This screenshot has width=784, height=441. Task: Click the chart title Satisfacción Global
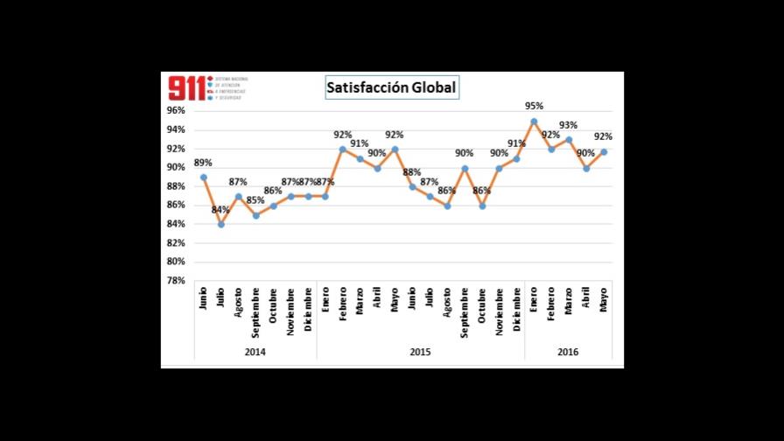pyautogui.click(x=391, y=87)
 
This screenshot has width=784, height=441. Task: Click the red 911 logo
pyautogui.click(x=187, y=87)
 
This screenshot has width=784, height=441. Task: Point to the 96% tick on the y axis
pyautogui.click(x=176, y=111)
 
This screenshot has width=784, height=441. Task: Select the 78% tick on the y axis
pyautogui.click(x=176, y=281)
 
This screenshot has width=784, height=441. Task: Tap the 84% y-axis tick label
pyautogui.click(x=176, y=224)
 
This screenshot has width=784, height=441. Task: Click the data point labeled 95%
pyautogui.click(x=534, y=121)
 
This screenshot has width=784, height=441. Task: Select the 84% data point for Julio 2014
pyautogui.click(x=220, y=224)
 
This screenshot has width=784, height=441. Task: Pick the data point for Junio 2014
pyautogui.click(x=203, y=177)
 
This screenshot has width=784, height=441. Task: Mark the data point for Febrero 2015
pyautogui.click(x=342, y=149)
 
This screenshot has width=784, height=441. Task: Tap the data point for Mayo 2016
pyautogui.click(x=604, y=152)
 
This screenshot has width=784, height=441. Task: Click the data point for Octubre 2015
pyautogui.click(x=481, y=206)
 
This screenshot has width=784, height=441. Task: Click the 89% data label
pyautogui.click(x=203, y=163)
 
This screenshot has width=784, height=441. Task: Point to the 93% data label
pyautogui.click(x=569, y=125)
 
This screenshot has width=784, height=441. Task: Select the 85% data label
pyautogui.click(x=255, y=200)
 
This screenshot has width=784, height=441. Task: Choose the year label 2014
pyautogui.click(x=255, y=352)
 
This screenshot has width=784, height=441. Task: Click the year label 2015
pyautogui.click(x=420, y=352)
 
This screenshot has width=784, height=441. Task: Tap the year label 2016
pyautogui.click(x=568, y=352)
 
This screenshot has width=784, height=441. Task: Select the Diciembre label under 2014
pyautogui.click(x=308, y=311)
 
